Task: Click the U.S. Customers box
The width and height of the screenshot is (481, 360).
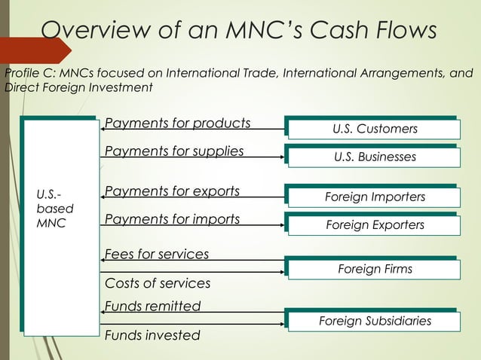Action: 375,130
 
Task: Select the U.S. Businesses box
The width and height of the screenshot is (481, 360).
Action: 375,157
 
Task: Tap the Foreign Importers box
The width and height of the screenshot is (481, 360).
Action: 375,197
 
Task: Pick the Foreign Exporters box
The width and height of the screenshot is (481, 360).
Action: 375,225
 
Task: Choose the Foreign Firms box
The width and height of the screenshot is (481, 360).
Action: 375,269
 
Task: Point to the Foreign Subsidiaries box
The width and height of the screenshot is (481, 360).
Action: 375,322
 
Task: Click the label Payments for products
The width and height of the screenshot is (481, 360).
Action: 178,123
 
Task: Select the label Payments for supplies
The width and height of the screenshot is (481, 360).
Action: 174,151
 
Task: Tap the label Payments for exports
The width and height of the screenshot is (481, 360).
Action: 173,191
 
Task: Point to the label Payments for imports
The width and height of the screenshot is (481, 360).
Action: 173,220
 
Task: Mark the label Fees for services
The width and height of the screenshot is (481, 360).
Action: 157,255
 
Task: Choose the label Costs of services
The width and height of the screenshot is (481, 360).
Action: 158,283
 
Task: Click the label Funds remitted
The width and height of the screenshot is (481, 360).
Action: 153,307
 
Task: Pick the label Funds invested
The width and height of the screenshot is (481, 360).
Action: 152,335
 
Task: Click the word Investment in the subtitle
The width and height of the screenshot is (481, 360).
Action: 121,88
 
